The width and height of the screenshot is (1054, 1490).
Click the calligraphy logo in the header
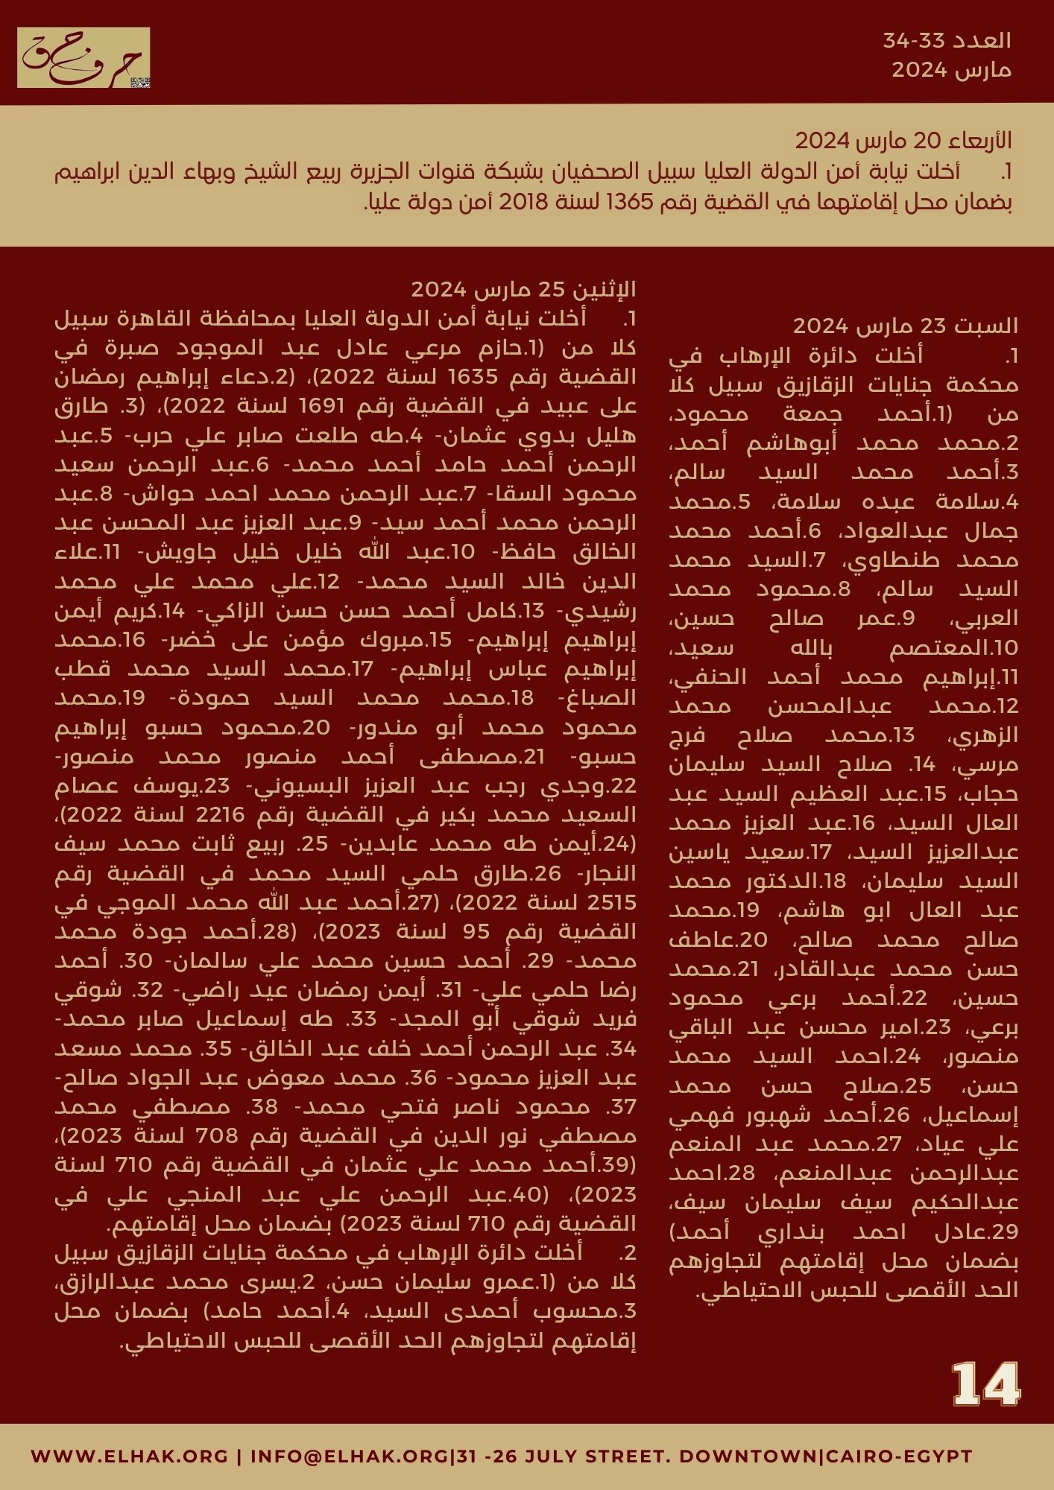click(83, 58)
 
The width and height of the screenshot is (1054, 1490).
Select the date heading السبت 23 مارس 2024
click(905, 326)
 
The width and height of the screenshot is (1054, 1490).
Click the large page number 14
click(985, 1385)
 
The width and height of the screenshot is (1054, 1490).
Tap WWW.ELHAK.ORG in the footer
click(130, 1456)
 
